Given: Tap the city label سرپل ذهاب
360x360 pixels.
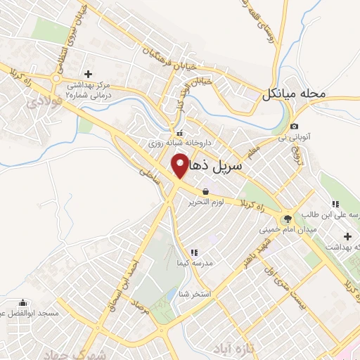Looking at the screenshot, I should (216, 167).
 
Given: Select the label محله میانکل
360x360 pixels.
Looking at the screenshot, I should (294, 94).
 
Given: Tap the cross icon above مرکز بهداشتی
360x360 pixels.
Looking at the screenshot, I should (88, 73).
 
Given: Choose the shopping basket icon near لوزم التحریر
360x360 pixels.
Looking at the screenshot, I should (205, 191).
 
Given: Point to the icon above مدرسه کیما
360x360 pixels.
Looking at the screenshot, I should (194, 252).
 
